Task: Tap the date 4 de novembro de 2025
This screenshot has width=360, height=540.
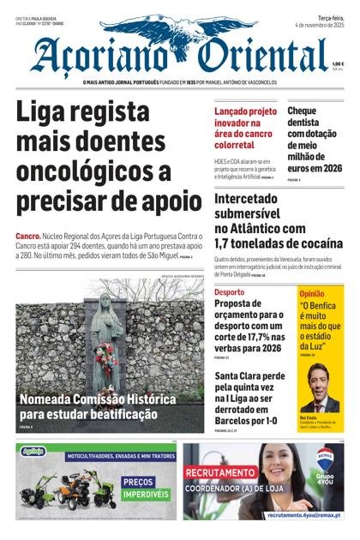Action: [319, 26]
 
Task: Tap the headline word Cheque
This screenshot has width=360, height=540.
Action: [302, 111]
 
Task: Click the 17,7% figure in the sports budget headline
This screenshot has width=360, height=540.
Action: [247, 337]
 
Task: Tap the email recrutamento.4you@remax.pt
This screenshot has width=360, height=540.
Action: [303, 515]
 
